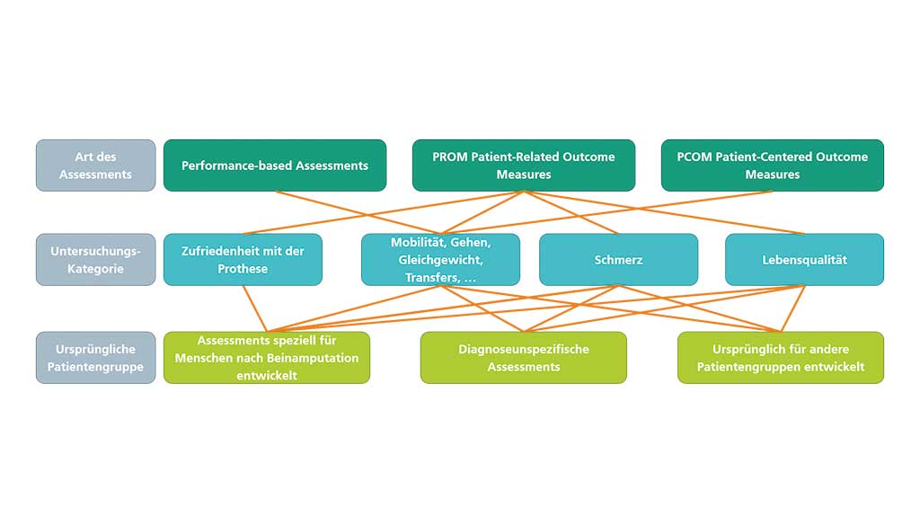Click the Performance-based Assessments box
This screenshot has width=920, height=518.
pyautogui.click(x=275, y=165)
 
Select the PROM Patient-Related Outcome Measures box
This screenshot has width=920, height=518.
pyautogui.click(x=523, y=165)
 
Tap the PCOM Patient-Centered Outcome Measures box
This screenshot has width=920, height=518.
pyautogui.click(x=772, y=165)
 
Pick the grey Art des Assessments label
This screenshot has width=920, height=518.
pyautogui.click(x=95, y=165)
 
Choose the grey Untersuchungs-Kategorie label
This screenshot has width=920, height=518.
pyautogui.click(x=95, y=260)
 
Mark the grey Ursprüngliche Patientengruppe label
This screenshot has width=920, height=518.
pyautogui.click(x=95, y=358)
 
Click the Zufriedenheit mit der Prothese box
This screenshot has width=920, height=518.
pyautogui.click(x=243, y=260)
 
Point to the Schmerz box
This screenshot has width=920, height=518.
pyautogui.click(x=618, y=260)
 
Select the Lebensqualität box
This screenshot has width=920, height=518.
pyautogui.click(x=804, y=260)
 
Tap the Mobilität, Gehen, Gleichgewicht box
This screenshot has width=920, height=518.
pyautogui.click(x=440, y=260)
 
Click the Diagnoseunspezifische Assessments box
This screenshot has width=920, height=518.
pyautogui.click(x=523, y=358)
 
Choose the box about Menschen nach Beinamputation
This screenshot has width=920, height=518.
pyautogui.click(x=266, y=358)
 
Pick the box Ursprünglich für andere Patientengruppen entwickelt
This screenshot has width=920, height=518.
pyautogui.click(x=780, y=358)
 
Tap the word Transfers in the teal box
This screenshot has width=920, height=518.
pyautogui.click(x=429, y=278)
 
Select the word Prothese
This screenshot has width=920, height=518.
pyautogui.click(x=243, y=269)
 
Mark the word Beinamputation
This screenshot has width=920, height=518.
pyautogui.click(x=314, y=358)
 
